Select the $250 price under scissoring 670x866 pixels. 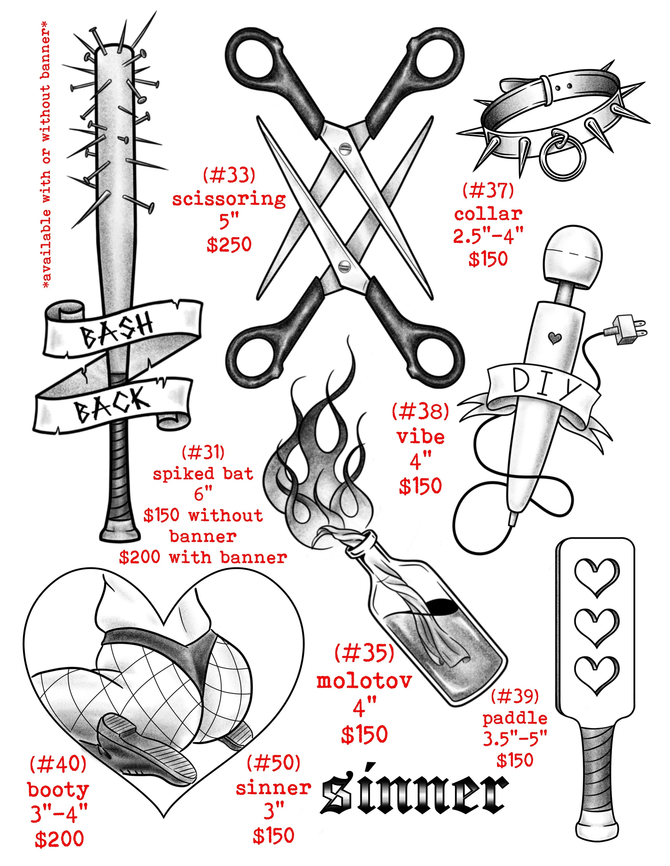click(x=229, y=244)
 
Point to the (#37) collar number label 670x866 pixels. click(x=488, y=190)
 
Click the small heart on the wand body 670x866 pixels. click(x=554, y=338)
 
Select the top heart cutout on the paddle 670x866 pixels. click(x=597, y=577)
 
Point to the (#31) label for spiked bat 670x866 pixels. click(x=203, y=452)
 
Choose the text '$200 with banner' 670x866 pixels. click(x=203, y=558)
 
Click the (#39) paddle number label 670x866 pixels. click(x=515, y=696)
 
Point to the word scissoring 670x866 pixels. click(x=229, y=199)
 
